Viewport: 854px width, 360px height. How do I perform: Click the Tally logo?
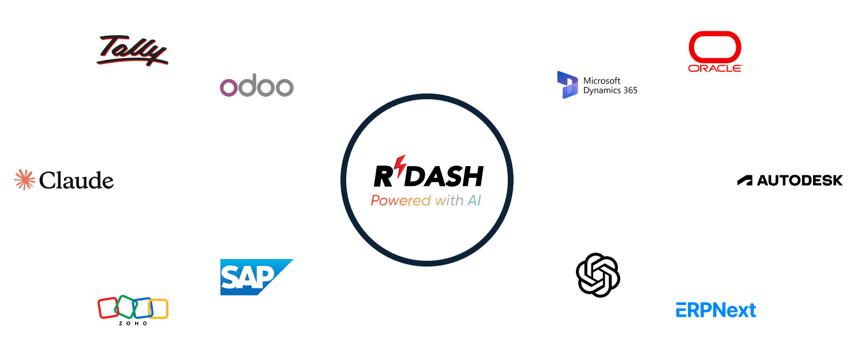point(132,50)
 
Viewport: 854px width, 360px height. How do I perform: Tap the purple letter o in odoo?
point(229,87)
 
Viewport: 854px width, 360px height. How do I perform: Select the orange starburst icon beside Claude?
point(24,179)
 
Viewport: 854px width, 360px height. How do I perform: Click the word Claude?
point(76,181)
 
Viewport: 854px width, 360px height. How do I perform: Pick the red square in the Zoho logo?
point(108,308)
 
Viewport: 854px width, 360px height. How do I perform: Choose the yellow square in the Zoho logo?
point(158,309)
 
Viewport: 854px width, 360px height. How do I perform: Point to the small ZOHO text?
point(133,324)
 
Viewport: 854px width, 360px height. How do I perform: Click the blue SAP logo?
point(257,277)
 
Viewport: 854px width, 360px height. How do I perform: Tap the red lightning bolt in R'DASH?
point(400,167)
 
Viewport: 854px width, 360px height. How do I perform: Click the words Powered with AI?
point(426,200)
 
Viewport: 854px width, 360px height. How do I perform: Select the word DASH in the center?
point(444,176)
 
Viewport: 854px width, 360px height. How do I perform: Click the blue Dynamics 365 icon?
point(567,85)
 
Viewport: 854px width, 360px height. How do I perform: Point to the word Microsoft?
point(602,80)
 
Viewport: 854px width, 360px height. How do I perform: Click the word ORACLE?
point(716,68)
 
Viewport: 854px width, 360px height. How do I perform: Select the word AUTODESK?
point(800,181)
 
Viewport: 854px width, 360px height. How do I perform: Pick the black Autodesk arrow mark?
point(745,181)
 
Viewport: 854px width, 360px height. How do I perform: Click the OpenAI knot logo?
point(597,275)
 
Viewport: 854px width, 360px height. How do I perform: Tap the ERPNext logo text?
point(716,310)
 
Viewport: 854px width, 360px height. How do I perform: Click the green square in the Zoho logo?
point(126,306)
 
